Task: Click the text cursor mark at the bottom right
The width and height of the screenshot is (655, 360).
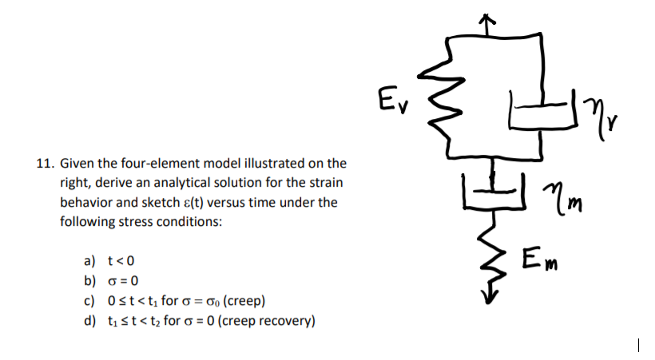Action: [639, 346]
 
